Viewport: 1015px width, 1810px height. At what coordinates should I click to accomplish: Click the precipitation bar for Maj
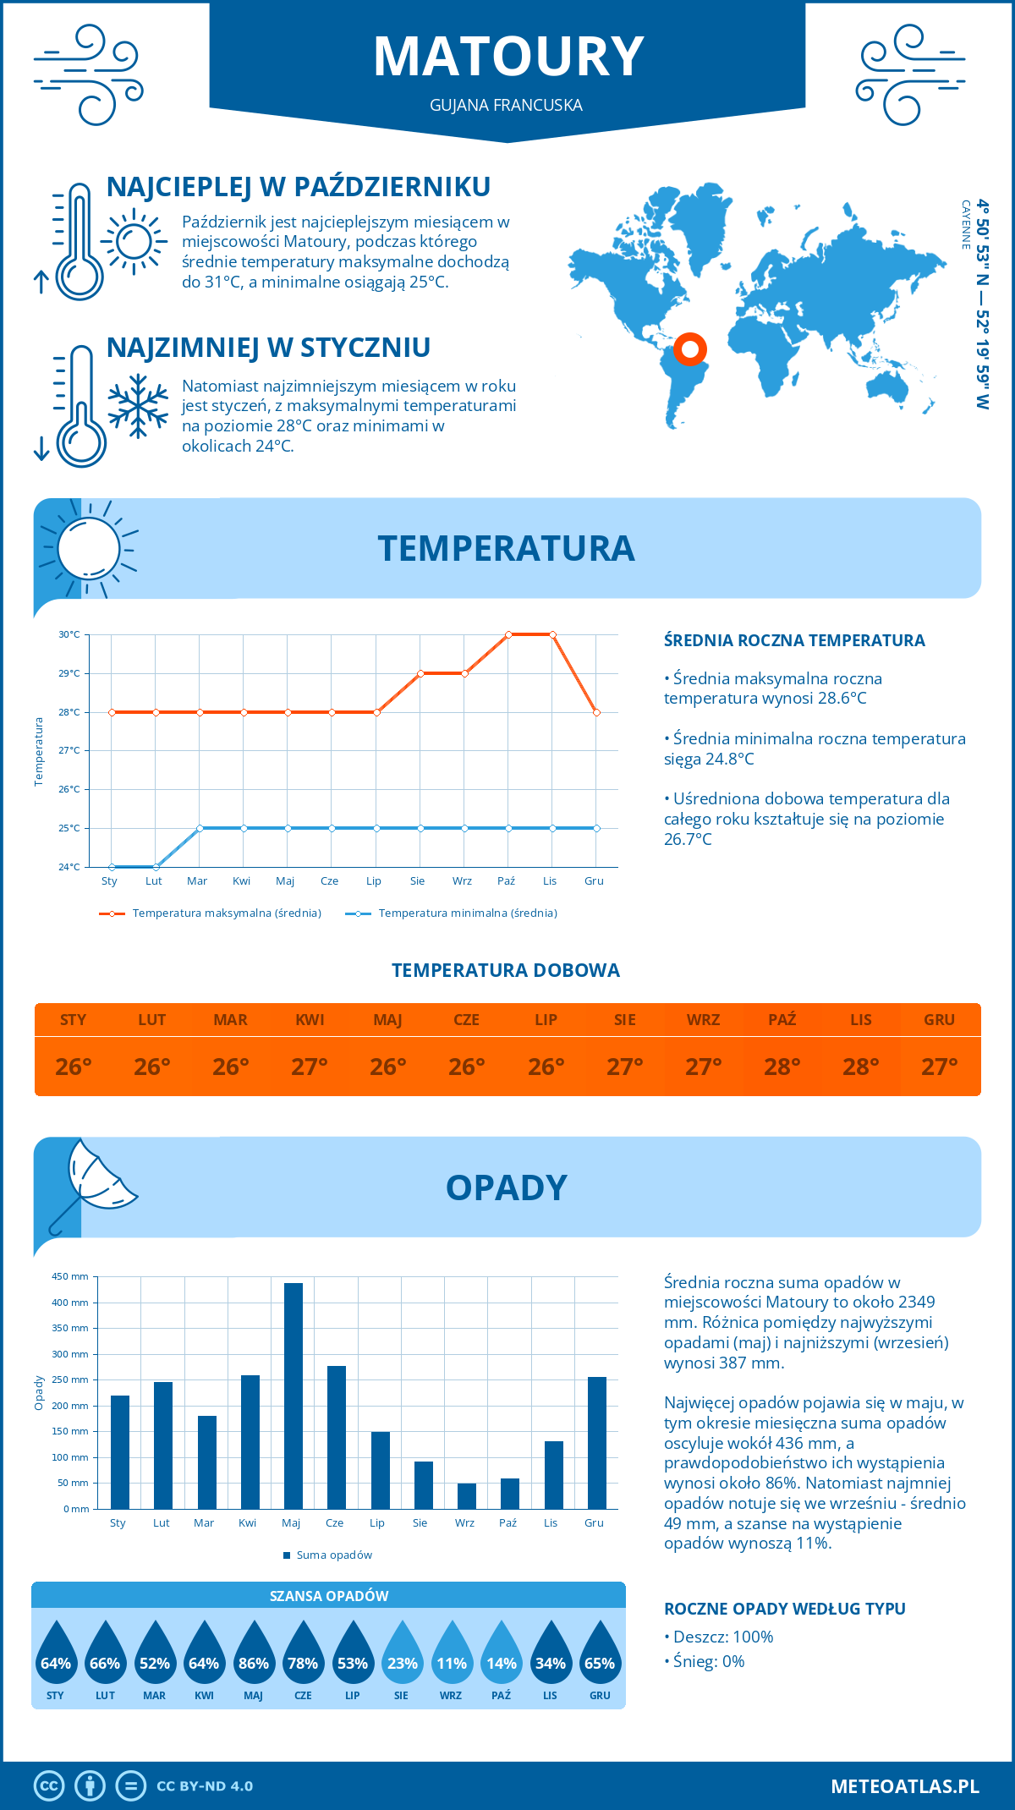click(x=293, y=1396)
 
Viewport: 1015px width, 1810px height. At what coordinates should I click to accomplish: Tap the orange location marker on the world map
click(x=690, y=348)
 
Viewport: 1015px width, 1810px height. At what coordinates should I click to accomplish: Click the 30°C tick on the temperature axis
click(x=69, y=634)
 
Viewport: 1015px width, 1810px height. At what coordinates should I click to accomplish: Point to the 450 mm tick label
click(x=70, y=1276)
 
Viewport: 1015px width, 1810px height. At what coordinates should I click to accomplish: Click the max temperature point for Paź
click(x=508, y=634)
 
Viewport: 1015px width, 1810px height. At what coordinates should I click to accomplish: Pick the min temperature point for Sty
click(x=112, y=867)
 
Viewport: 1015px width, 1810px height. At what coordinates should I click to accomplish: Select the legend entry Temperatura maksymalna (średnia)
click(x=211, y=913)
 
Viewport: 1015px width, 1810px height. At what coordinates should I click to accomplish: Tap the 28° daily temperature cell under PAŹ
click(x=782, y=1067)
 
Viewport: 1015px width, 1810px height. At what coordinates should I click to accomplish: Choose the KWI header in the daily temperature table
click(x=310, y=1020)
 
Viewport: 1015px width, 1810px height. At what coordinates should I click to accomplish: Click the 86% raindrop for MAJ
click(x=253, y=1654)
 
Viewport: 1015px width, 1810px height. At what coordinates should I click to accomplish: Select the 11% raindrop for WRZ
click(x=451, y=1654)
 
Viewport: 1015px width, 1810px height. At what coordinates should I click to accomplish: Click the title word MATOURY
click(x=508, y=58)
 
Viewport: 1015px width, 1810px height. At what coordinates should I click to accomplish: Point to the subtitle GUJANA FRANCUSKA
click(x=506, y=105)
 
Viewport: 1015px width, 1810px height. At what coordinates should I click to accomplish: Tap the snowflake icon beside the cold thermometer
click(x=138, y=405)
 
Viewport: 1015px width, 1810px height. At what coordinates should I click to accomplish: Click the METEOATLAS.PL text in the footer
click(x=904, y=1785)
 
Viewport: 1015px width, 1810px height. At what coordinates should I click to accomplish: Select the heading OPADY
click(x=506, y=1187)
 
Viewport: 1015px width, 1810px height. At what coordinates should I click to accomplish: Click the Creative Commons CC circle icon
click(x=49, y=1785)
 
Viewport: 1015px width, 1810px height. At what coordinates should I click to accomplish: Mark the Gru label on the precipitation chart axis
click(x=594, y=1522)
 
